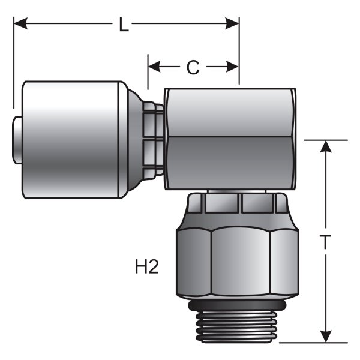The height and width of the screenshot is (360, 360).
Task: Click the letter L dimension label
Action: point(124,24)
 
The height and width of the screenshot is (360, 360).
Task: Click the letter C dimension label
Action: point(193,67)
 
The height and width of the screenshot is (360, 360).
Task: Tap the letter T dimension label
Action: point(325,242)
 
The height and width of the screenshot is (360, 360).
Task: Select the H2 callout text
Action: point(147,266)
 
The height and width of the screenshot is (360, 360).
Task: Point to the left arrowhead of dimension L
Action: point(20,23)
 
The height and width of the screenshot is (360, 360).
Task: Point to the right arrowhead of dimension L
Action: point(232,23)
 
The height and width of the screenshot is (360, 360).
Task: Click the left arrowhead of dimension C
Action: point(154,67)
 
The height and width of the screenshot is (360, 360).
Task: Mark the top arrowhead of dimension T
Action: point(326,146)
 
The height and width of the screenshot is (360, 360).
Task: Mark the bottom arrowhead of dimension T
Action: point(326,337)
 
